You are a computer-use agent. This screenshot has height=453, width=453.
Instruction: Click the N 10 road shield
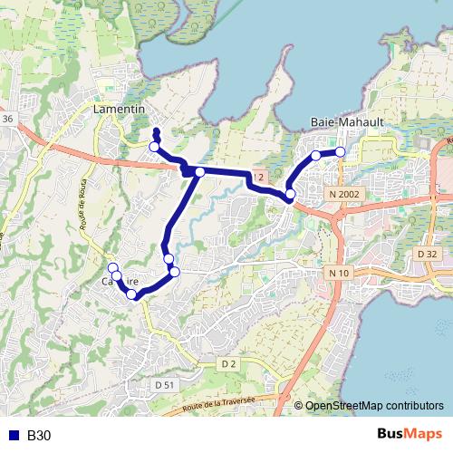click(339, 273)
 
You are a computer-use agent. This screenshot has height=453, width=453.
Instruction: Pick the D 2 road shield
click(228, 364)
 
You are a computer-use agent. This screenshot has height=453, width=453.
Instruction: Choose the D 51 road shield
click(164, 385)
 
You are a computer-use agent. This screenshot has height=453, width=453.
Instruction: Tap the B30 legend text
click(39, 436)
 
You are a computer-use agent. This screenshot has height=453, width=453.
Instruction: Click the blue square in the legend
click(14, 436)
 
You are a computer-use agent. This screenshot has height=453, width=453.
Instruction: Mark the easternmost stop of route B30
click(341, 152)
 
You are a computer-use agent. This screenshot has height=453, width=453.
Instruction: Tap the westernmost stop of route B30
click(113, 267)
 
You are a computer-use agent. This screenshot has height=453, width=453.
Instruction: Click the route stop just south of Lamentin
click(155, 147)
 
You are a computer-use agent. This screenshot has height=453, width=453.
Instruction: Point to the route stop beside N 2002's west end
click(290, 195)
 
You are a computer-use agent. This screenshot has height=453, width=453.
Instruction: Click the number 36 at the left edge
click(7, 119)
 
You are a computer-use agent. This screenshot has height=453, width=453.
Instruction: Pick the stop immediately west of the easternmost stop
click(316, 156)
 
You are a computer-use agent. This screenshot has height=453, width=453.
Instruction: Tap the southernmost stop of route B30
click(132, 294)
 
